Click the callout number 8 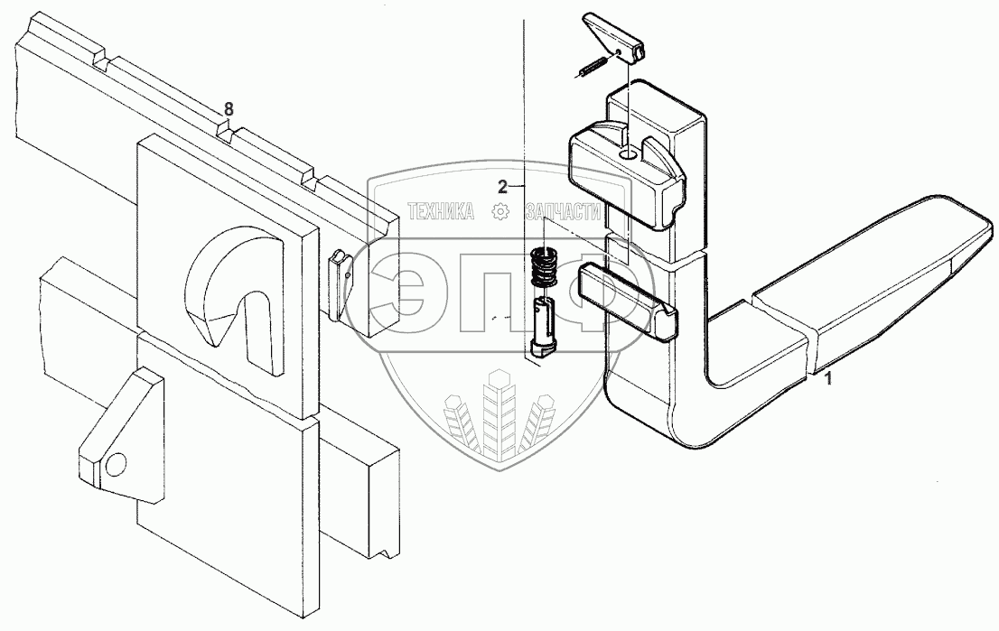coord(229,109)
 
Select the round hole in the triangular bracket coord(114,464)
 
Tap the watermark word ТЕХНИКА coord(442,212)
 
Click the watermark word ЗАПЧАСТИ coord(563,212)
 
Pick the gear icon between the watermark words coord(498,212)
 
